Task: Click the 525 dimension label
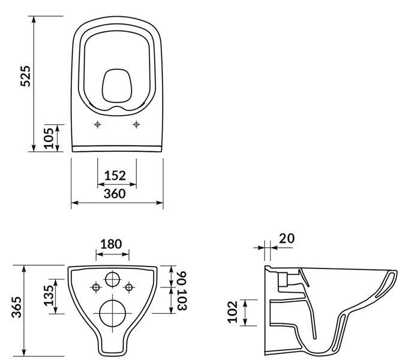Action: (x=26, y=76)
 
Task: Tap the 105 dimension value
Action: (x=49, y=138)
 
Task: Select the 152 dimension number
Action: (x=115, y=175)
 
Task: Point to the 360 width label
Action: (x=115, y=194)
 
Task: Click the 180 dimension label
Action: (x=111, y=244)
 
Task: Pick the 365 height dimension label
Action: (x=17, y=307)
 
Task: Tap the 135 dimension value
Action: (x=49, y=295)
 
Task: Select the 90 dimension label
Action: (x=182, y=279)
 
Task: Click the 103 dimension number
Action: (x=182, y=300)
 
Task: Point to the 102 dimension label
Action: (x=232, y=312)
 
